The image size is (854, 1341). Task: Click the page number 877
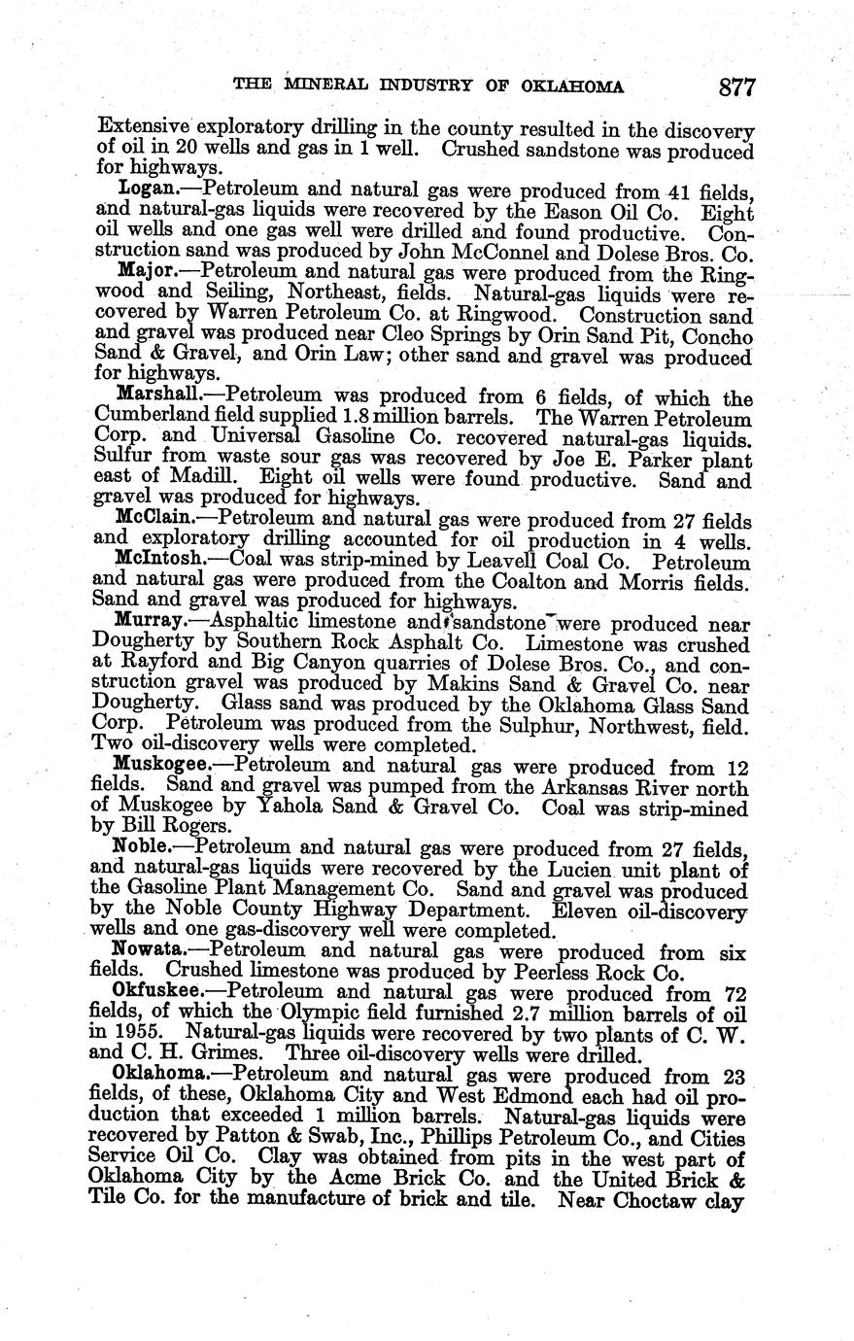(737, 86)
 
